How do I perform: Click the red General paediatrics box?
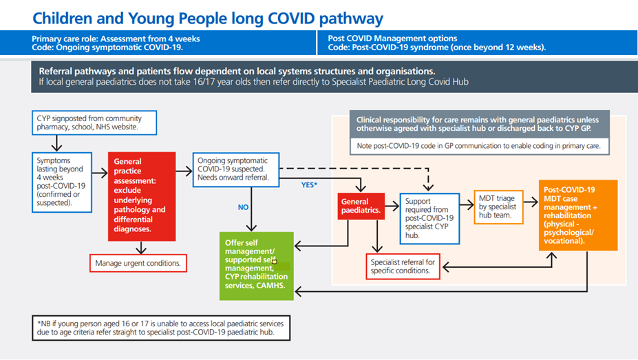pos(361,207)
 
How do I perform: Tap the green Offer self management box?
pos(256,266)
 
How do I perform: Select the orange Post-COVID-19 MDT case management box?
pos(578,215)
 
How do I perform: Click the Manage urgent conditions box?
pos(138,263)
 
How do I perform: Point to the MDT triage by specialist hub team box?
pos(498,207)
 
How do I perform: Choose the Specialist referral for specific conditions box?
pos(403,266)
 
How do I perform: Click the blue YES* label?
pos(309,184)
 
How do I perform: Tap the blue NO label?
pos(243,207)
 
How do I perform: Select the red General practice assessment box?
pos(142,196)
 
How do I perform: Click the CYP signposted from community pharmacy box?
pos(94,123)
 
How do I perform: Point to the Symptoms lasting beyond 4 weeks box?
pos(62,182)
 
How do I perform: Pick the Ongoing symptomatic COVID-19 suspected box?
pos(236,169)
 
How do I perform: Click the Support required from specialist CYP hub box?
pos(429,218)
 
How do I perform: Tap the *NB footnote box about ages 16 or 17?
pos(161,328)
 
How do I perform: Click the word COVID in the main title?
pos(291,19)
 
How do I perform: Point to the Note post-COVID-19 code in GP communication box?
pos(479,146)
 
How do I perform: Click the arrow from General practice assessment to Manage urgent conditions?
pos(141,247)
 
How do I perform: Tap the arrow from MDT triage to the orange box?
pos(531,202)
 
